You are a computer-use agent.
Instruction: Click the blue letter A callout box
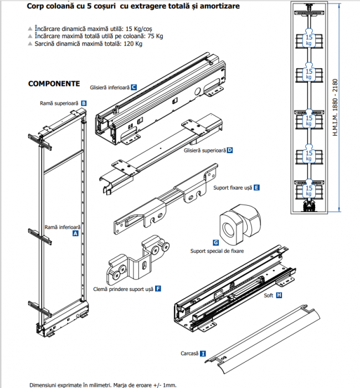[75, 234]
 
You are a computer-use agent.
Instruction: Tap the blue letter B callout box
[84, 103]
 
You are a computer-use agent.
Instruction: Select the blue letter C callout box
[134, 88]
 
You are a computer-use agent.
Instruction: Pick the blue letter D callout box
[229, 150]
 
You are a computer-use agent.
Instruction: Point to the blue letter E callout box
[256, 188]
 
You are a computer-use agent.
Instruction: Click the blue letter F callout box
[158, 288]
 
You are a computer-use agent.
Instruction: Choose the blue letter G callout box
[215, 243]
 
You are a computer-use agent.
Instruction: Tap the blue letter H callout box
[279, 295]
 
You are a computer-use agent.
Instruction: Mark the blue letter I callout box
[203, 353]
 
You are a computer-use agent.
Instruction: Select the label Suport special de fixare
[217, 251]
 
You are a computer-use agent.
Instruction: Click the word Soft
[269, 295]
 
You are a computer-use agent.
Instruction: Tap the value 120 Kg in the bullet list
[131, 44]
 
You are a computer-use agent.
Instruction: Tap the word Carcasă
[189, 353]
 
